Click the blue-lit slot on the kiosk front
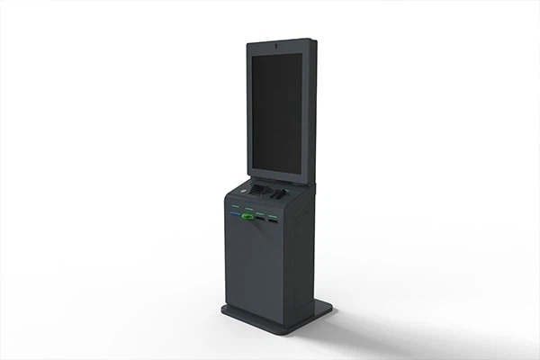coord(234,214)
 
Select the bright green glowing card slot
coord(247,216)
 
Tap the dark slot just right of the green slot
coord(259,217)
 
